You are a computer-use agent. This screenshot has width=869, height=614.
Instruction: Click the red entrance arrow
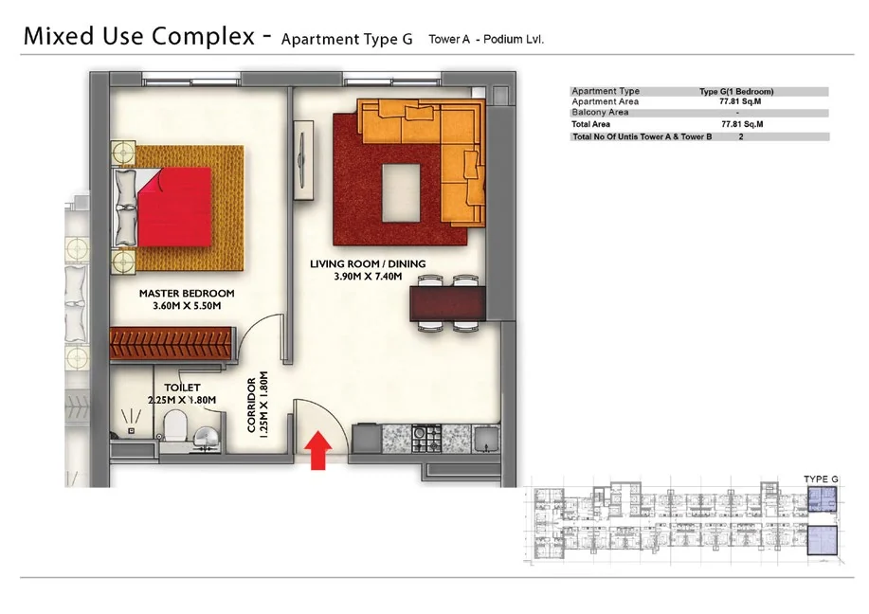pyautogui.click(x=318, y=450)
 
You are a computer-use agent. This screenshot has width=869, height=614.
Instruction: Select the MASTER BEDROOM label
pyautogui.click(x=187, y=293)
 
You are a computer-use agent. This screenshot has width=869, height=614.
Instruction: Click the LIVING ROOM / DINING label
pyautogui.click(x=368, y=263)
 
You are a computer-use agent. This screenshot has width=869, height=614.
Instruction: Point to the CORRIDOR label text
pyautogui.click(x=252, y=406)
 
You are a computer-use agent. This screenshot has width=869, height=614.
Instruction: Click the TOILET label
pyautogui.click(x=182, y=388)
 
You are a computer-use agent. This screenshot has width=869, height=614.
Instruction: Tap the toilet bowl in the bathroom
pyautogui.click(x=176, y=425)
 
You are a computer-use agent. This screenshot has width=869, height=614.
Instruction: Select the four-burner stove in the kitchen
pyautogui.click(x=426, y=439)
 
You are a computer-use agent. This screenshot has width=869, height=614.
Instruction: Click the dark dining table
pyautogui.click(x=448, y=303)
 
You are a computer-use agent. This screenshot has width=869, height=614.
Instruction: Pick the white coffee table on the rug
pyautogui.click(x=401, y=193)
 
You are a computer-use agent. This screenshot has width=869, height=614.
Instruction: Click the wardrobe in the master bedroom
pyautogui.click(x=171, y=344)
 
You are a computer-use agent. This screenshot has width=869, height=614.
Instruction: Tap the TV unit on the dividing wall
pyautogui.click(x=303, y=161)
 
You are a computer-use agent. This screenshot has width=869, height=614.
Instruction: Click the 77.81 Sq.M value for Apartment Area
pyautogui.click(x=740, y=101)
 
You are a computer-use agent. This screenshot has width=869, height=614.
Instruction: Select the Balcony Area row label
pyautogui.click(x=600, y=112)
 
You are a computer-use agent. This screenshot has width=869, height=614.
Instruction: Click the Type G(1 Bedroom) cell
pyautogui.click(x=736, y=91)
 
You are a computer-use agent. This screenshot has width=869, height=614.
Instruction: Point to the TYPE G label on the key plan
pyautogui.click(x=821, y=479)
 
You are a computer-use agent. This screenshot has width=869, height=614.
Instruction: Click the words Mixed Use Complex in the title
pyautogui.click(x=139, y=36)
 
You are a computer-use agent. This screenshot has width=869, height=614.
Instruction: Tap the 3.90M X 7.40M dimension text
pyautogui.click(x=368, y=276)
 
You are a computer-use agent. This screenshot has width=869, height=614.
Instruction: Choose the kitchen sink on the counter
pyautogui.click(x=486, y=440)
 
